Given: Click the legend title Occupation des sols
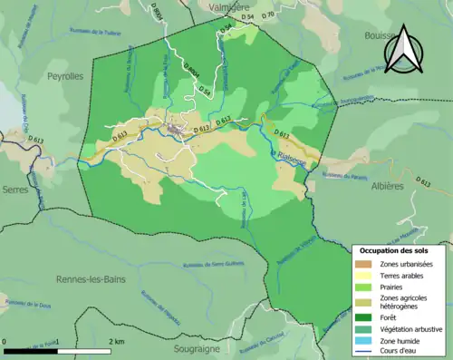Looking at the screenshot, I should pyautogui.click(x=395, y=249).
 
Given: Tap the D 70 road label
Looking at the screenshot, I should pyautogui.click(x=267, y=16).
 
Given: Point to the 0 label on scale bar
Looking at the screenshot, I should pyautogui.click(x=6, y=341).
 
